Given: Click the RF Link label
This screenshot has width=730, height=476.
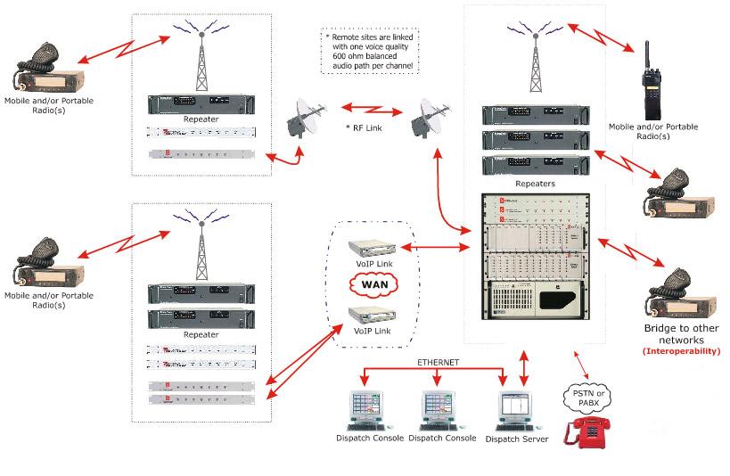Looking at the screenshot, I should click(365, 128).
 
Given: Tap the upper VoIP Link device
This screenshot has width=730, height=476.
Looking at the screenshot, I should click(371, 247).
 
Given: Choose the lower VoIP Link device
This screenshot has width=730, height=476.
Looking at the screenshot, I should click(371, 315).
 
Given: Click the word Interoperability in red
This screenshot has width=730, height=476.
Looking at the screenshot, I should click(681, 352).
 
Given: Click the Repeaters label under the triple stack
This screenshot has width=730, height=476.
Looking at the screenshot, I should click(536, 184).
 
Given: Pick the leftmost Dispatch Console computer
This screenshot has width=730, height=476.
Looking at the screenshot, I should click(369, 411).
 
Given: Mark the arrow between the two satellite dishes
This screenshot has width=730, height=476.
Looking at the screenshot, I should click(365, 109).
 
